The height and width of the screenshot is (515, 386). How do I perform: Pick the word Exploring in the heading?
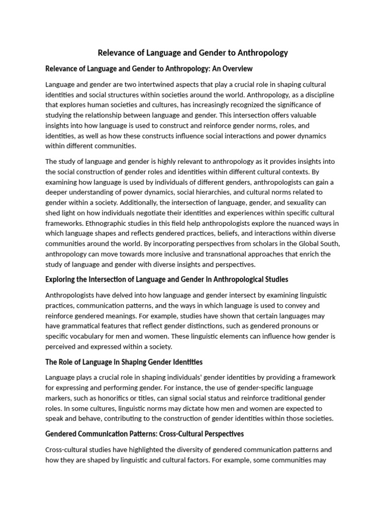[x=63, y=279]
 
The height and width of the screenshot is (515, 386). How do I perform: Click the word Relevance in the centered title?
[x=116, y=53]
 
